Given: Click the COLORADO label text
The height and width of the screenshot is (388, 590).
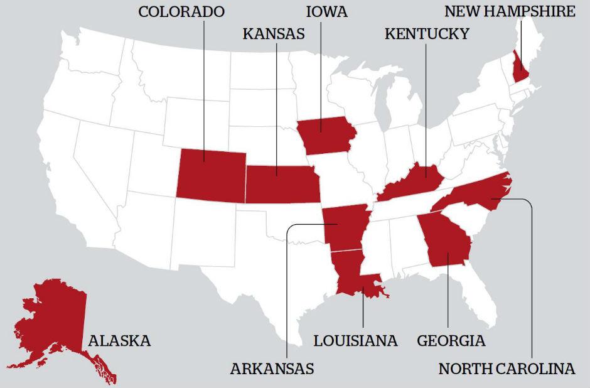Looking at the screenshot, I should [x=181, y=11].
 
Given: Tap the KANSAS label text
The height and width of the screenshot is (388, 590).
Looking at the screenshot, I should [x=274, y=34].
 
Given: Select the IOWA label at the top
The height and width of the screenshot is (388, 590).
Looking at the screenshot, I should [x=326, y=11].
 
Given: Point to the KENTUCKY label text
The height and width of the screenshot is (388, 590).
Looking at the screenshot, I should [x=426, y=34].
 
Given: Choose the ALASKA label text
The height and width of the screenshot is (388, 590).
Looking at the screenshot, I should [x=119, y=341].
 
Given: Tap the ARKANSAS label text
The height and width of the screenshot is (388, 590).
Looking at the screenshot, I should [x=272, y=369].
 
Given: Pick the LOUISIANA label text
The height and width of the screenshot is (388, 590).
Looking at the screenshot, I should [x=355, y=341].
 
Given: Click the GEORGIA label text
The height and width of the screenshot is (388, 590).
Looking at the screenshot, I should [x=451, y=341].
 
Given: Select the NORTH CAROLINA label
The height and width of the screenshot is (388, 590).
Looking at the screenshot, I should [x=507, y=369].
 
